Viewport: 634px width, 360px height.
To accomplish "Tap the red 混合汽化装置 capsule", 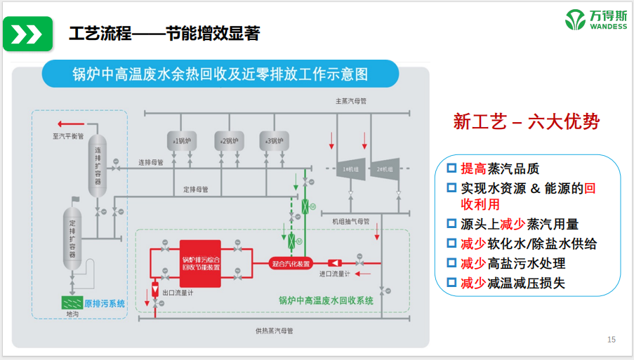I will (291, 264).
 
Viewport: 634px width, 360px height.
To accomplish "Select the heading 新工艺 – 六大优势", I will (527, 122).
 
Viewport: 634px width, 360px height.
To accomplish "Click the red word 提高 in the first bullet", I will (473, 169).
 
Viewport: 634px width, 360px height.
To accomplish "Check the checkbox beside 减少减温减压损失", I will (451, 284).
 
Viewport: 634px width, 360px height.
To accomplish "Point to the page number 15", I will (611, 340).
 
